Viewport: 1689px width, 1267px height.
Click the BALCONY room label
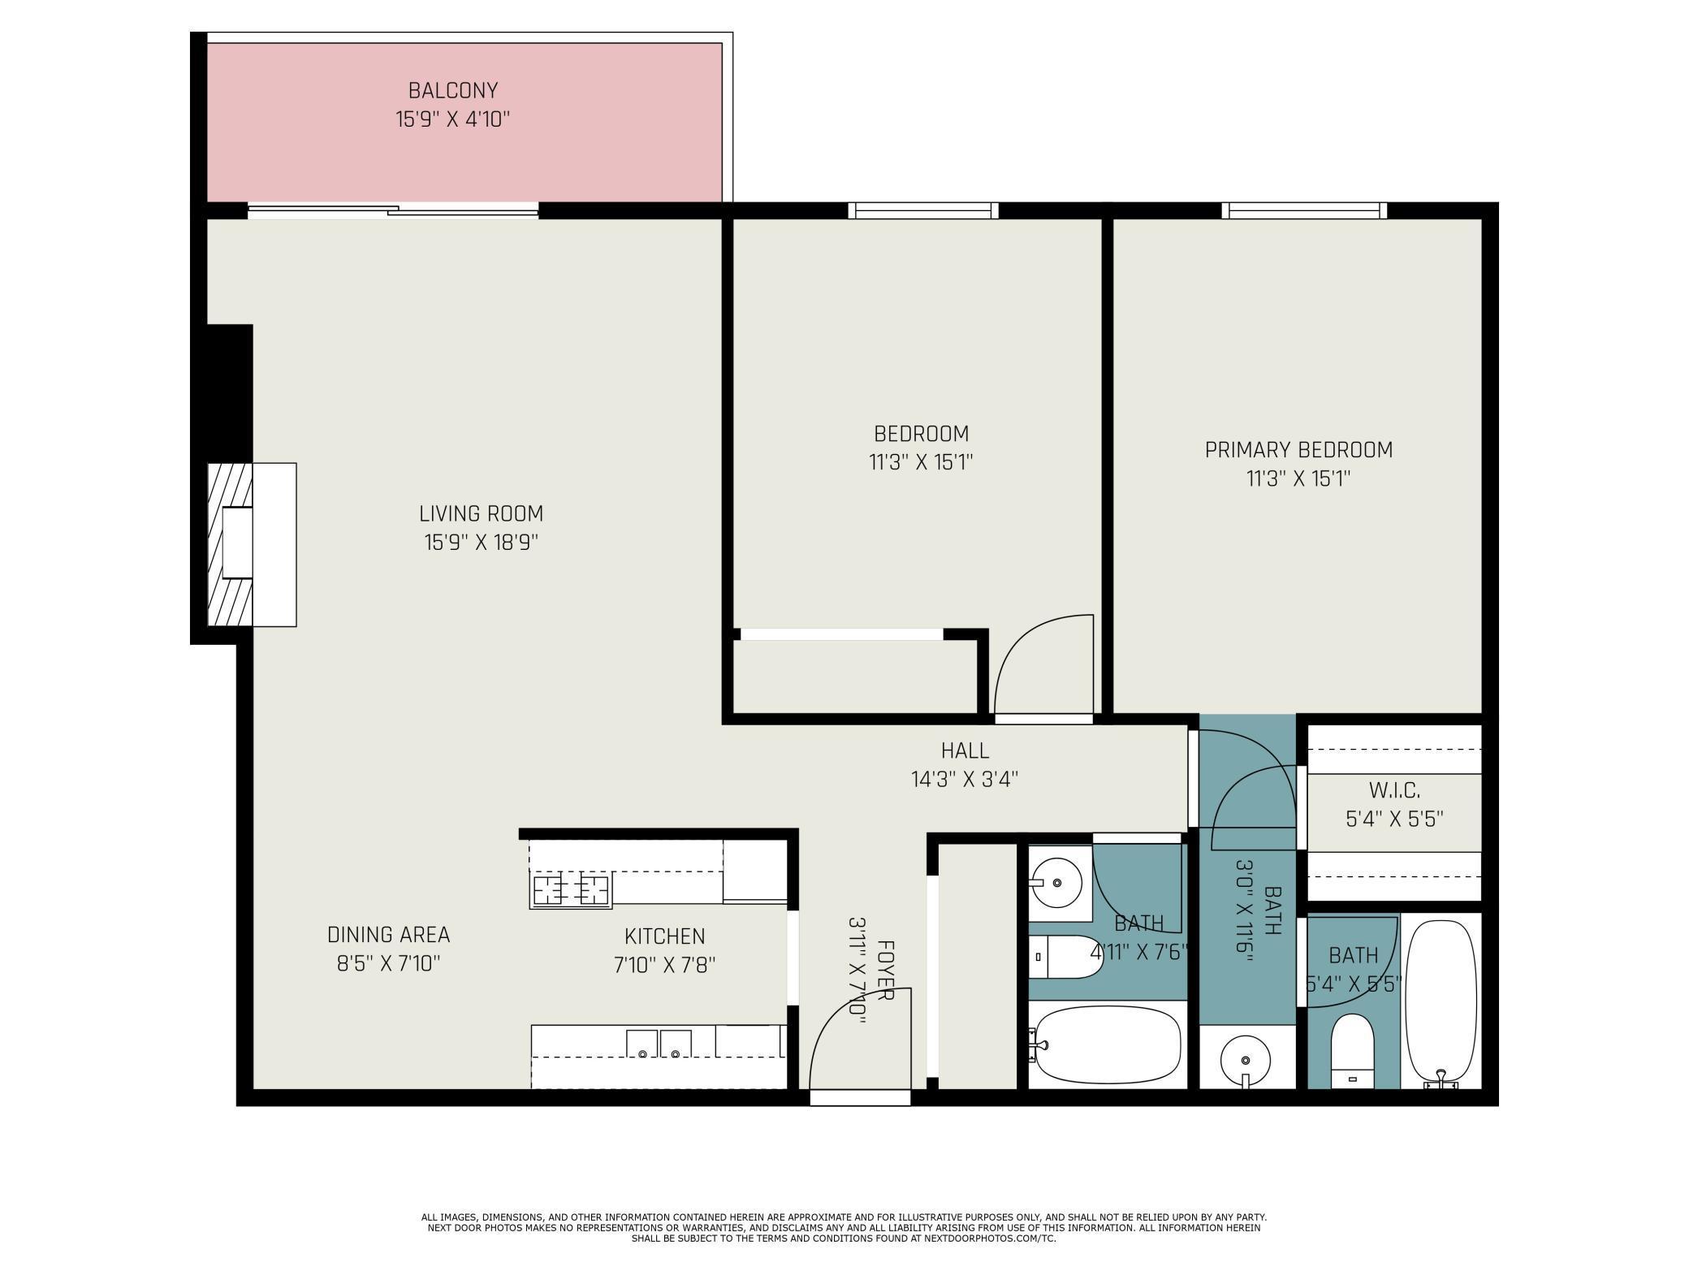(x=452, y=90)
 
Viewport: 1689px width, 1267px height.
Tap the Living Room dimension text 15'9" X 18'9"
(x=481, y=542)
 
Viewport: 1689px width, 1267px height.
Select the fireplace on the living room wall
(x=252, y=544)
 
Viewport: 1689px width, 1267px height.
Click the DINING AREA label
(x=388, y=935)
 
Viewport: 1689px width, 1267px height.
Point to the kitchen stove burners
(x=570, y=890)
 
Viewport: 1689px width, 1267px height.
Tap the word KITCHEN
(x=664, y=936)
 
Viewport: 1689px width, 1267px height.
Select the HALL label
(x=965, y=750)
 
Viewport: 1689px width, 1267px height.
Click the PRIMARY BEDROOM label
(x=1298, y=450)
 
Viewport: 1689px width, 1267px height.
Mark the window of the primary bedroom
(x=1304, y=210)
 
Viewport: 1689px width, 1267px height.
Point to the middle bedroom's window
(x=923, y=210)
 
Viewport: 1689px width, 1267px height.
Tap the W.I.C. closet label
(x=1394, y=789)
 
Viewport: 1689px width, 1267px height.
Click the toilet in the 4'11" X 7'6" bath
(x=1065, y=957)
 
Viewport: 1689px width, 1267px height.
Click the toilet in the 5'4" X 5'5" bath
(x=1352, y=1051)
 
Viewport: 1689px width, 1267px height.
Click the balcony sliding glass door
(x=393, y=211)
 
